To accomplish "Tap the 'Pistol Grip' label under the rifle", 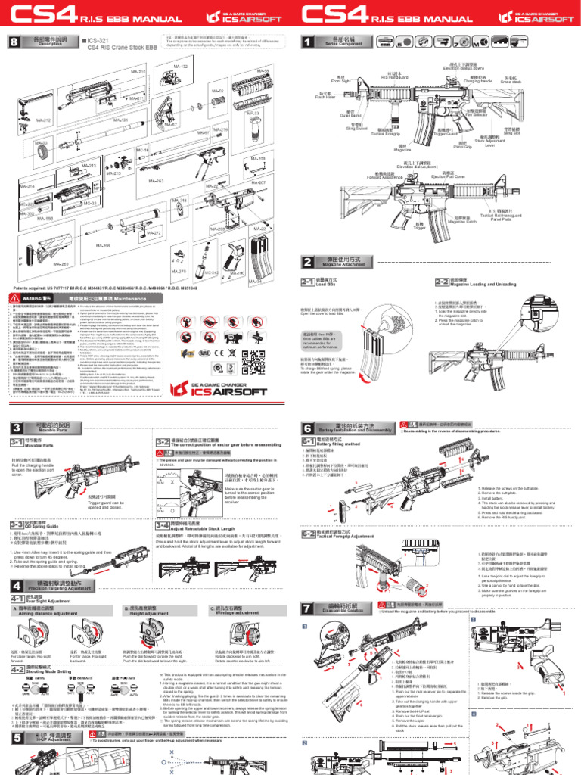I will (463, 145).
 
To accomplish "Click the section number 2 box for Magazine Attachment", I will (307, 263).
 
